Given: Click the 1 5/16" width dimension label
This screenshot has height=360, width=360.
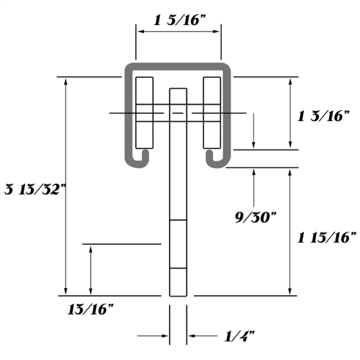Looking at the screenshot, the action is (180, 20).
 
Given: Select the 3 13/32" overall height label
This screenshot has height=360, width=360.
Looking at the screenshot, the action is (35, 189).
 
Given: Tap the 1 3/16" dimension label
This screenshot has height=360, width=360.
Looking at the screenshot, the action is (323, 116).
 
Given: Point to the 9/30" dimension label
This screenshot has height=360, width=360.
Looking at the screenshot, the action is (256, 217).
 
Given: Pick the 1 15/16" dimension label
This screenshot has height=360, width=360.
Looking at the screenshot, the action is (327, 238).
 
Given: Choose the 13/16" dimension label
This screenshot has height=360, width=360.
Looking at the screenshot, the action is (91, 309).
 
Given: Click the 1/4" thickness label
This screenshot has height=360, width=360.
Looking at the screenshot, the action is (239, 336).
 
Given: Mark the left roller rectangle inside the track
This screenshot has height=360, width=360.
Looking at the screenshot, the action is (145, 113).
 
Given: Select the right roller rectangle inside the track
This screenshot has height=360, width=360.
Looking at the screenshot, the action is (212, 113).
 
